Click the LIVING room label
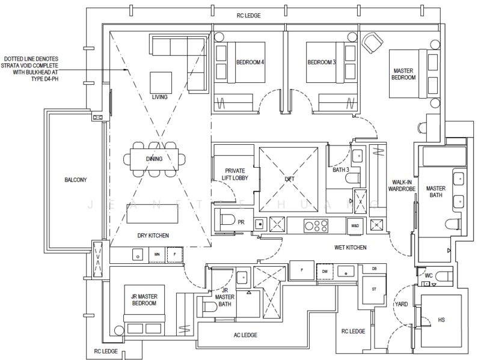tap(159, 97)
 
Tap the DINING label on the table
tap(155, 159)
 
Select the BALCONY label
tap(76, 180)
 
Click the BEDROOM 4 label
tap(250, 63)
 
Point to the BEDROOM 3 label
tap(321, 63)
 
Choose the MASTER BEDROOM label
tap(403, 74)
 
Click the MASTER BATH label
tap(436, 192)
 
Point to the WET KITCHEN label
tap(351, 248)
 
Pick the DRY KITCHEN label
tap(153, 235)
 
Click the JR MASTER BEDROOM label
tap(144, 300)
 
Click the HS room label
tap(441, 320)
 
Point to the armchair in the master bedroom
tap(373, 43)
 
